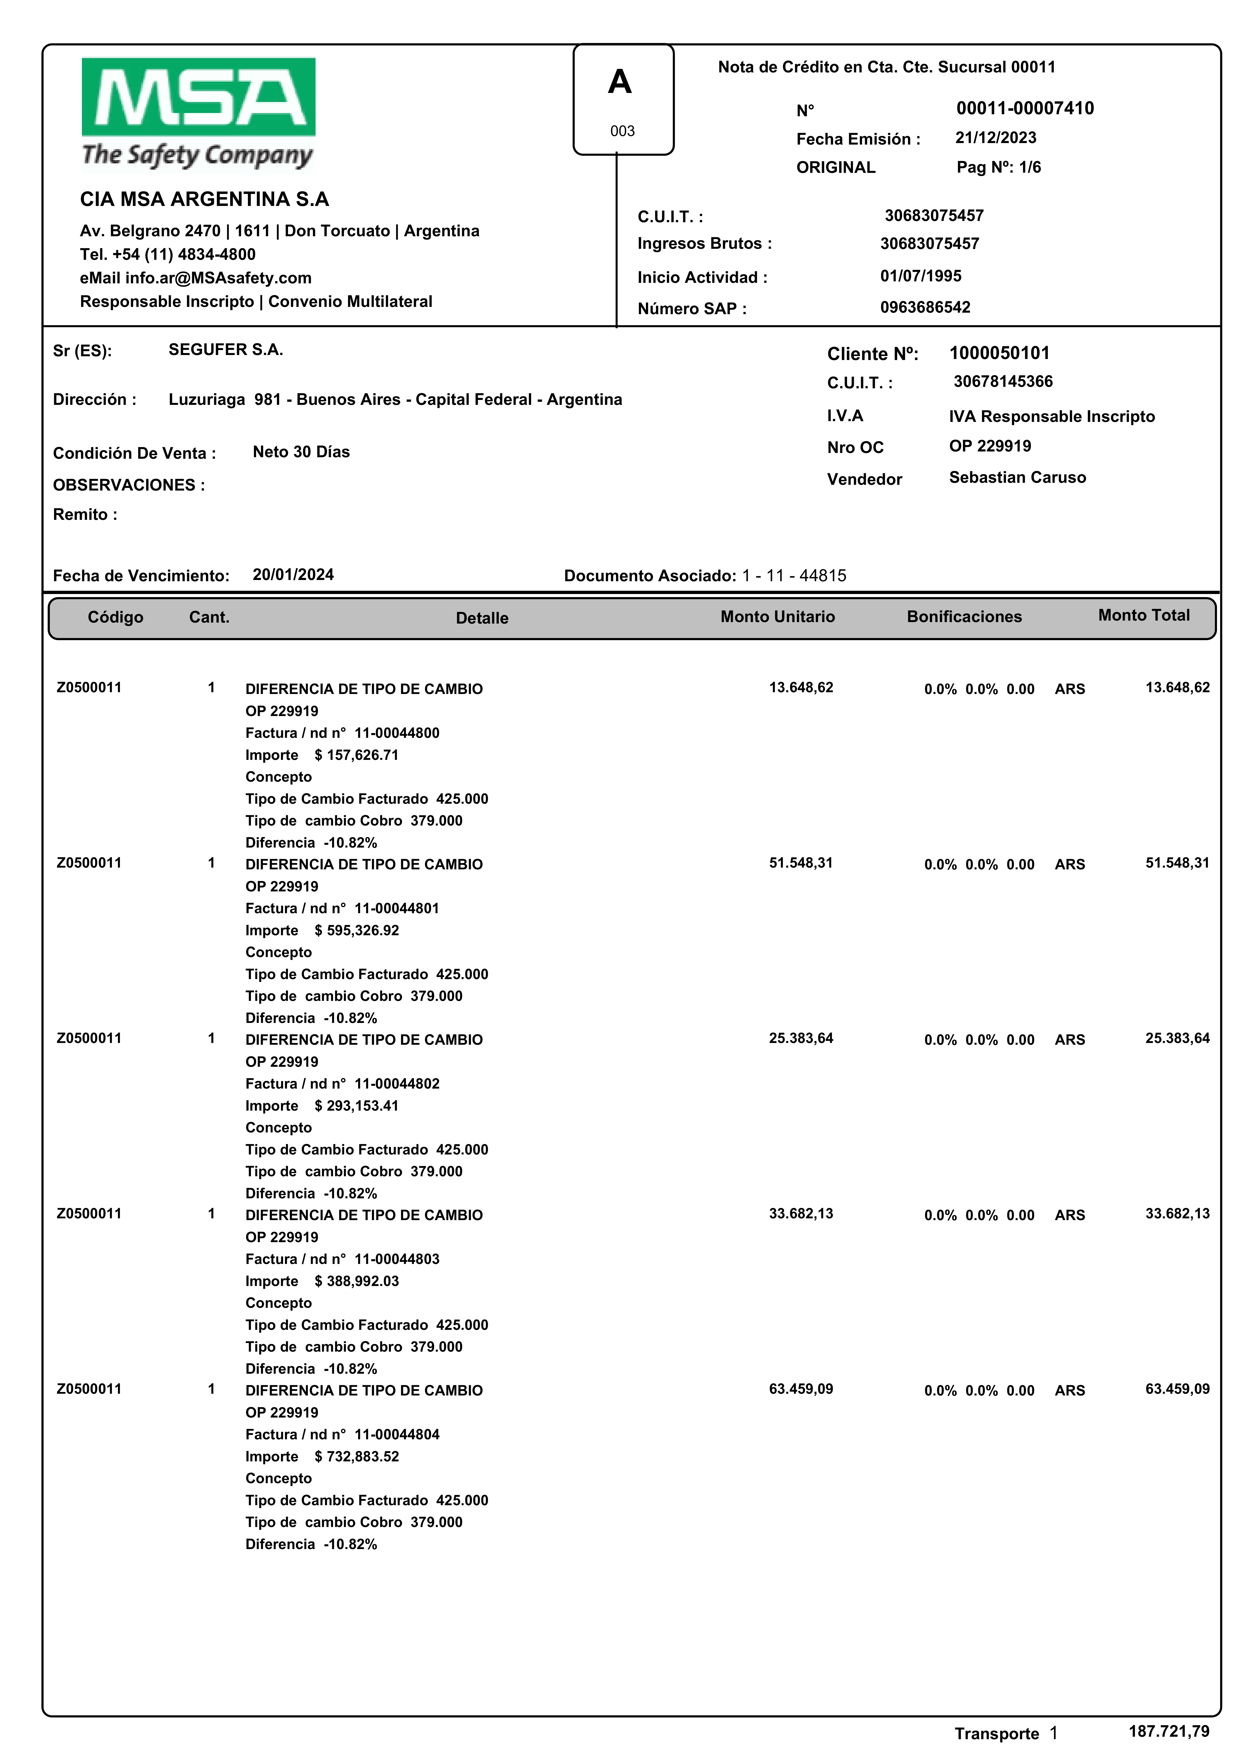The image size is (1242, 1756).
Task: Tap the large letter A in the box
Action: [x=619, y=82]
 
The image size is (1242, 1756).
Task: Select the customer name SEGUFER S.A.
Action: [x=226, y=349]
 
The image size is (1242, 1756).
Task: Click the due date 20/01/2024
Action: [x=293, y=574]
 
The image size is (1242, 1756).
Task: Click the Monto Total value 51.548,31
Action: [x=1177, y=863]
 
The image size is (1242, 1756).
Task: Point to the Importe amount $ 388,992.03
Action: [x=356, y=1281]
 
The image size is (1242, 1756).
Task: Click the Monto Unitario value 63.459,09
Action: [x=801, y=1389]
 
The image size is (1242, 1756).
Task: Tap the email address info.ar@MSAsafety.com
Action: [x=218, y=278]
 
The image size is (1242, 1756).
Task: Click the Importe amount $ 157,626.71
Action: [x=356, y=755]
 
